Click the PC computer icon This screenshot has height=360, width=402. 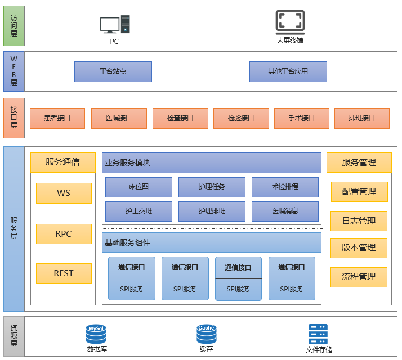115,25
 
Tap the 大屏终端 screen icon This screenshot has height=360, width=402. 290,21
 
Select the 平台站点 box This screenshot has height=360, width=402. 113,71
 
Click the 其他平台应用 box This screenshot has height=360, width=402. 288,71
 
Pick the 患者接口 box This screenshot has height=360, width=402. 57,118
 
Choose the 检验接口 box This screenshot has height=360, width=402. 240,118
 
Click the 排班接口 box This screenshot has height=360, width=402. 361,118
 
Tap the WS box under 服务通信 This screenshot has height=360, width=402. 64,193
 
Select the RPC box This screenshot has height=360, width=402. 64,234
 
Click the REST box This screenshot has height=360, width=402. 64,273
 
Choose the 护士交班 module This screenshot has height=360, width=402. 139,211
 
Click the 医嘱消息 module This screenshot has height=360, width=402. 285,211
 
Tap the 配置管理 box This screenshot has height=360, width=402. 359,192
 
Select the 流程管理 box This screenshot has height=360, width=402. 359,277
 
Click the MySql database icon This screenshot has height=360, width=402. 96,334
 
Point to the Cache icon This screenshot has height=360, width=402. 206,334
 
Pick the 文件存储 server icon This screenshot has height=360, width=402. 319,334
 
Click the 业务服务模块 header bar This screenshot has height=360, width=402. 212,163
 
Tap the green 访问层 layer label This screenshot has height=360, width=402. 14,26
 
